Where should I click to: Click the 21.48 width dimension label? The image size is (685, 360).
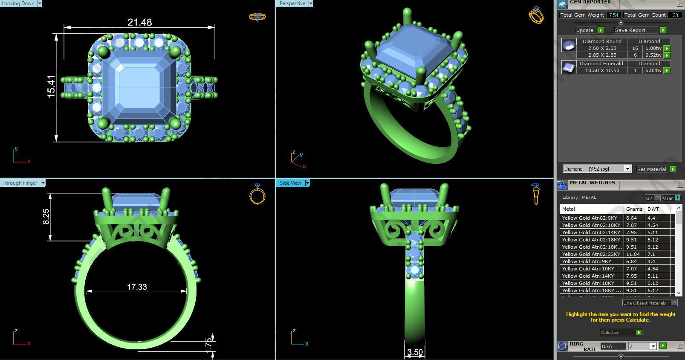pos(139,22)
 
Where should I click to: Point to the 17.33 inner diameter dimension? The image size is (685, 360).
pos(137,287)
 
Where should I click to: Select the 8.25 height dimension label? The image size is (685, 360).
pos(46,216)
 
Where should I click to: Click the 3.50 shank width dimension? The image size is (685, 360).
pos(415,352)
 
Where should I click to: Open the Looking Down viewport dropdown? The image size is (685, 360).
pos(40,3)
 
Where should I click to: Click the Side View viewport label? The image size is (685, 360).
pos(290,183)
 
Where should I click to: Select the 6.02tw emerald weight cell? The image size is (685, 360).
pos(653,70)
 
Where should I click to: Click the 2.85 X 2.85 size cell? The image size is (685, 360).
pos(602,55)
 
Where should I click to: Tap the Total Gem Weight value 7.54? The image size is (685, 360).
pos(613,15)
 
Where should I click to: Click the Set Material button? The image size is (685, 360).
pos(651,169)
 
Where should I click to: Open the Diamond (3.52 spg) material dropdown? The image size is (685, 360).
pos(627,169)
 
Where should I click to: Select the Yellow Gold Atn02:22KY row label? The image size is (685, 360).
pos(590,254)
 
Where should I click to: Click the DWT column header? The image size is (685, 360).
pos(653,209)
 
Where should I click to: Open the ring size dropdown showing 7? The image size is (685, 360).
pos(653,346)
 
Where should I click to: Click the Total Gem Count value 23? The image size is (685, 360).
pos(675,15)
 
